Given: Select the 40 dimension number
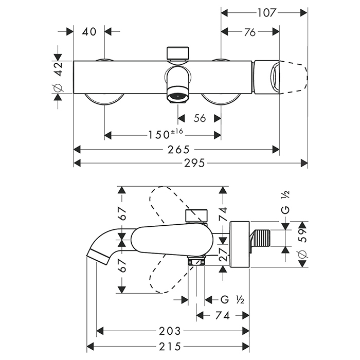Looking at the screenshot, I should [x=89, y=32].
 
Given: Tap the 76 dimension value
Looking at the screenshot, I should [x=250, y=32].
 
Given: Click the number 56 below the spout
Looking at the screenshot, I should [x=200, y=118].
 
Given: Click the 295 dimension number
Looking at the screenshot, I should [x=194, y=163].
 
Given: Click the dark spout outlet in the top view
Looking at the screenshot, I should [x=177, y=96].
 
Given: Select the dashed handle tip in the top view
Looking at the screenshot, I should [x=296, y=77].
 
